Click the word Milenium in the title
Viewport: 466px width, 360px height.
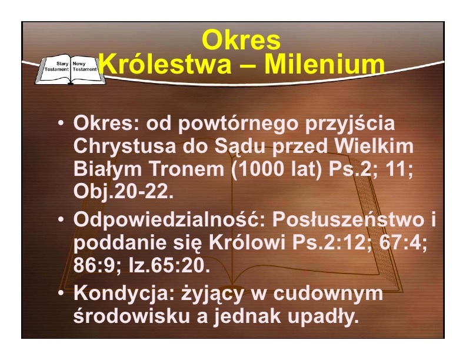tap(325, 65)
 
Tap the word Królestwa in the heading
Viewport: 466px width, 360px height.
tap(165, 65)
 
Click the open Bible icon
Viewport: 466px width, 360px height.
tap(70, 69)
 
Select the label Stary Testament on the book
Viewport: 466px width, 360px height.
tap(56, 66)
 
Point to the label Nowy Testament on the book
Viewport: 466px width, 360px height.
tap(85, 66)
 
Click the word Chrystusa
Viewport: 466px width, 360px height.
tap(125, 146)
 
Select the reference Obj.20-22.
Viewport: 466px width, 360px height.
tap(124, 192)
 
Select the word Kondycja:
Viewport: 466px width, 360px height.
tap(124, 294)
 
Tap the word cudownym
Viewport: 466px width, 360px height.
tap(328, 294)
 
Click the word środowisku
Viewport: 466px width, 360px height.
tap(131, 316)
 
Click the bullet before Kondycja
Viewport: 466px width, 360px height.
tap(61, 293)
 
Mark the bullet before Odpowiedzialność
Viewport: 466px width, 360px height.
tap(61, 219)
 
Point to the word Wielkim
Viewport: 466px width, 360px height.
tap(374, 146)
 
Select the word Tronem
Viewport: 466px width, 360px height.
tap(187, 169)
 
